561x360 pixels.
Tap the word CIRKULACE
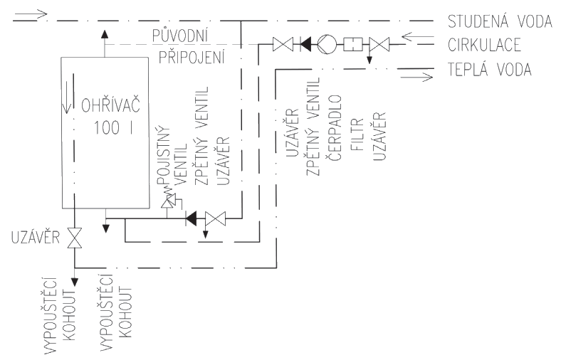tap(484, 45)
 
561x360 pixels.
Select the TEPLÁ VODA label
tap(490, 69)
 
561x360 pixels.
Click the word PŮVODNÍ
tap(181, 36)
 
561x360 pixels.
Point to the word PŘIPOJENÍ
tap(192, 56)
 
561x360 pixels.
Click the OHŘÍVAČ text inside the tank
tap(110, 105)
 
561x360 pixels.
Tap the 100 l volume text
tap(113, 127)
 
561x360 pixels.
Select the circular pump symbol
tap(327, 45)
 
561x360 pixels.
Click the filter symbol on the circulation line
tap(353, 45)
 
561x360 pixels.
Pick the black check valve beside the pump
tap(305, 45)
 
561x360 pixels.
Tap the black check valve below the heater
tap(191, 218)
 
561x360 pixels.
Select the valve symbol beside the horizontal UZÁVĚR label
tap(75, 238)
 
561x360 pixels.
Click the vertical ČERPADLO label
tap(335, 127)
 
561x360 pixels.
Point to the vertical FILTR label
tap(358, 134)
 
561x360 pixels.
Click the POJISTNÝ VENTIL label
tap(172, 157)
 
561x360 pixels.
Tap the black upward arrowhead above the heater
tap(105, 34)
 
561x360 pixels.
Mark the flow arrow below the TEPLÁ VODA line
tap(416, 77)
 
